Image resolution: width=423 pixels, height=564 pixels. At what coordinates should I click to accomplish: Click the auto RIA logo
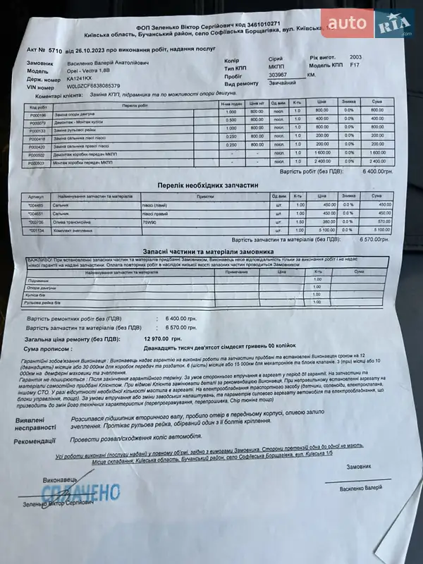point(367,26)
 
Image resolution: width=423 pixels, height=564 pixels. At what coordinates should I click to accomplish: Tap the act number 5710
point(56,51)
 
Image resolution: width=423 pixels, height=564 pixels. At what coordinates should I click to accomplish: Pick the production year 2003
point(357,58)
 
